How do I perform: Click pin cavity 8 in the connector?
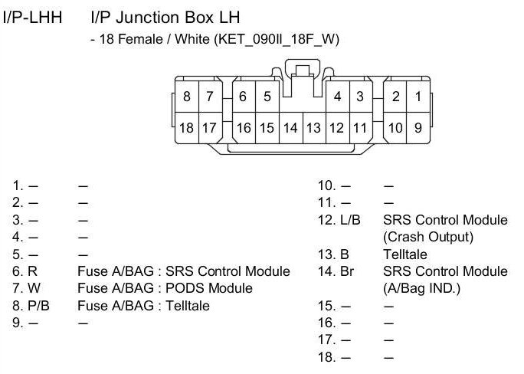pos(187,97)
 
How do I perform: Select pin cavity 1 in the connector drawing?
pos(418,97)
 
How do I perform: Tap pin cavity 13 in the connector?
pos(313,128)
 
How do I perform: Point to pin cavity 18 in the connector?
pos(187,128)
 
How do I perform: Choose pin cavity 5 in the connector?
pos(267,97)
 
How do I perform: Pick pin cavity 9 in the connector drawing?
pos(418,128)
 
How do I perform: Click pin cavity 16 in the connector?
pos(244,128)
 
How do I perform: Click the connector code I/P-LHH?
pos(34,16)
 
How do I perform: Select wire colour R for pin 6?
pos(31,271)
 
